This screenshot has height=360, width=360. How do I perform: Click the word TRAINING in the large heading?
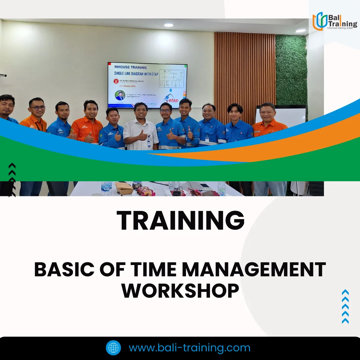[x=180, y=221]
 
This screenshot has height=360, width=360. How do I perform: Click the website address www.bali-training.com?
[x=189, y=348]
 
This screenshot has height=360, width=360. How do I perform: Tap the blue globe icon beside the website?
[x=113, y=348]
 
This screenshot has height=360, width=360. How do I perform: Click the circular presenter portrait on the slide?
[x=120, y=96]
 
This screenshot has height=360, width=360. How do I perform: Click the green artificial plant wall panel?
[x=291, y=70]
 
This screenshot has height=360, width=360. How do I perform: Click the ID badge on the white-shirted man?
[x=148, y=143]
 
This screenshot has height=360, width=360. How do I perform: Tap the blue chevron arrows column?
[x=345, y=307]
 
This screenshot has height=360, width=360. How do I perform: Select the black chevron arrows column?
[x=12, y=180]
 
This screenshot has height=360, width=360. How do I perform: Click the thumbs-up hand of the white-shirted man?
[x=142, y=135]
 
